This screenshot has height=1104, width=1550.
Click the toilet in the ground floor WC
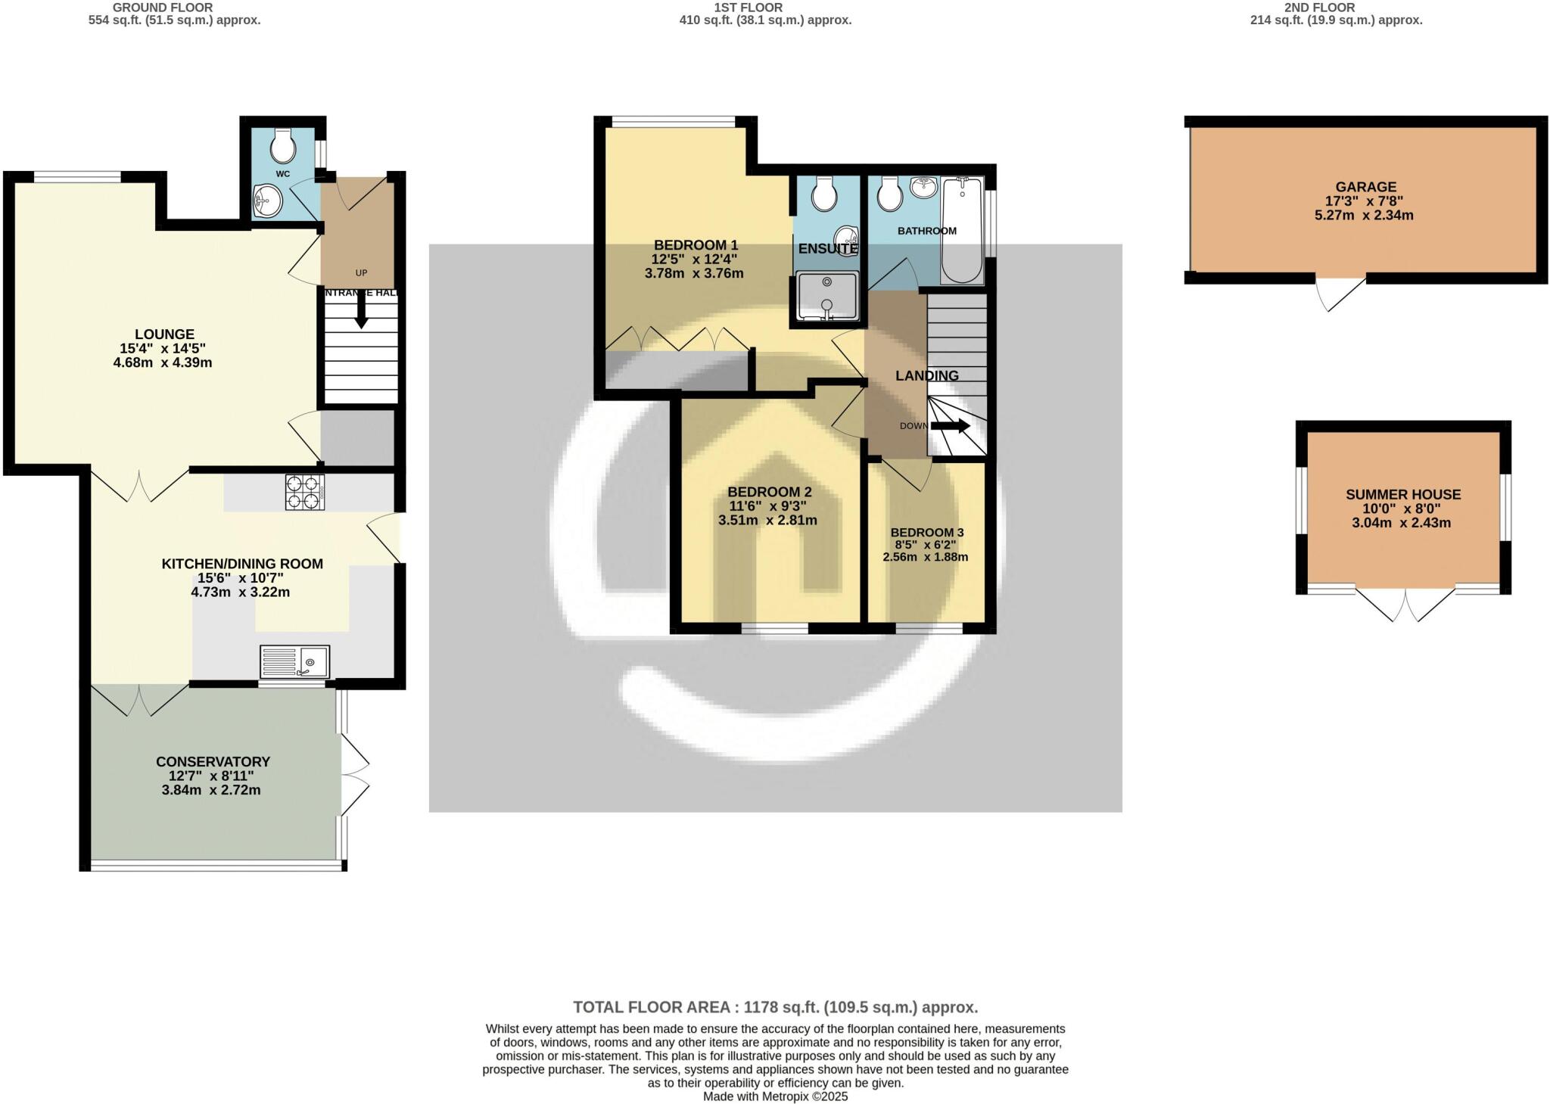pyautogui.click(x=283, y=145)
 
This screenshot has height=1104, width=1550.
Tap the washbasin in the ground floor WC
pyautogui.click(x=267, y=201)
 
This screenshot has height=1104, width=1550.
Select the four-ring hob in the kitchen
pyautogui.click(x=305, y=492)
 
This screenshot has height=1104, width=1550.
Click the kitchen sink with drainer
pyautogui.click(x=294, y=661)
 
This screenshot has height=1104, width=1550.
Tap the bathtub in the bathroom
pyautogui.click(x=962, y=231)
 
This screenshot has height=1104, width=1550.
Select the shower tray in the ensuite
pyautogui.click(x=827, y=297)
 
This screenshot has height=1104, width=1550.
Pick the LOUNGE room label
pyautogui.click(x=164, y=334)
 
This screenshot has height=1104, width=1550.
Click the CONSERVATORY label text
pyautogui.click(x=213, y=761)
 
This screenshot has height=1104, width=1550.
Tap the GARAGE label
pyautogui.click(x=1365, y=187)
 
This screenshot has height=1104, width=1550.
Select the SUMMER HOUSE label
pyautogui.click(x=1402, y=494)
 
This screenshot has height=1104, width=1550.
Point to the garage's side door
pyautogui.click(x=1341, y=294)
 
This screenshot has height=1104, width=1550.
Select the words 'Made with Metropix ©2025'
pyautogui.click(x=775, y=1096)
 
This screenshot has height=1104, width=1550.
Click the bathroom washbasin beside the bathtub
pyautogui.click(x=923, y=187)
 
